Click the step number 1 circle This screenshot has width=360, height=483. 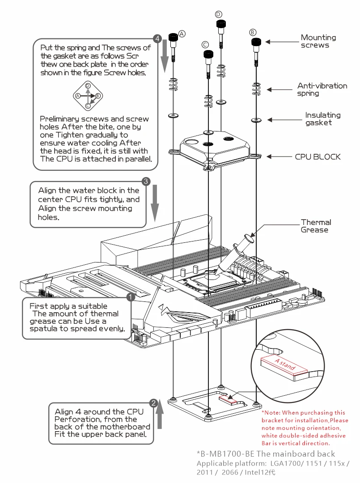(x=130, y=297)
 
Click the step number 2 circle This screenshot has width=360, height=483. (x=153, y=403)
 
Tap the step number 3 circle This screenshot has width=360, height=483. (x=145, y=182)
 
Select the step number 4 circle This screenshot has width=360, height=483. (x=157, y=38)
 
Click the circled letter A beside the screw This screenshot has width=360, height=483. (x=182, y=33)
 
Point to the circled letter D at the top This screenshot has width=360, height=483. (x=218, y=14)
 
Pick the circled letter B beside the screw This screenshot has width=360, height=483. (x=253, y=32)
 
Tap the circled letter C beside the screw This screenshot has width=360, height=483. (x=205, y=44)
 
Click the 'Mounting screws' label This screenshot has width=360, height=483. (x=318, y=41)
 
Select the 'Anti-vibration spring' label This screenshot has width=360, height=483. (x=322, y=89)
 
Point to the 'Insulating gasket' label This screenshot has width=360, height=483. (x=322, y=119)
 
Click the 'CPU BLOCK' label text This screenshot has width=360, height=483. (x=318, y=157)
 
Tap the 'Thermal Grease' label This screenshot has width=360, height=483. (x=316, y=226)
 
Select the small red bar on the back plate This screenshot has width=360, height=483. (x=228, y=399)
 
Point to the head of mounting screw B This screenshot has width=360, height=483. (x=256, y=42)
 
